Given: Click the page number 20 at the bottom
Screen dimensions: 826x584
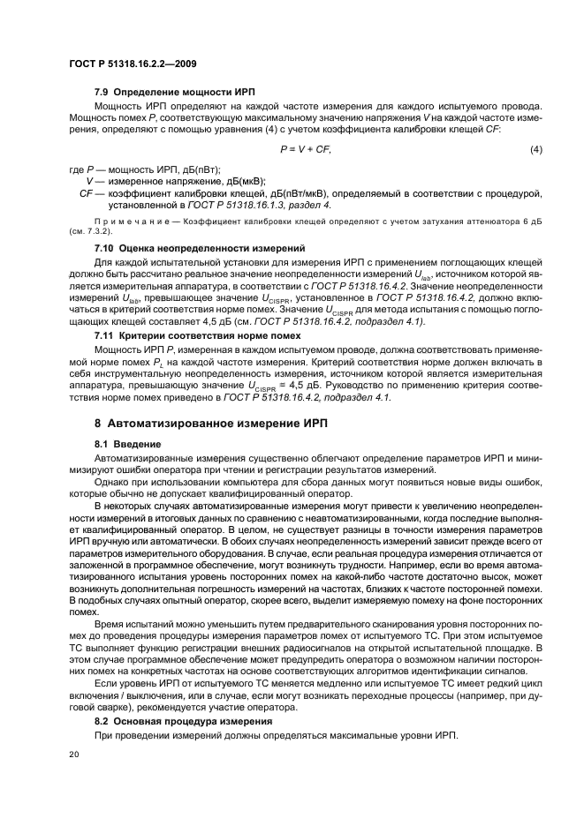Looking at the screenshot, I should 73,755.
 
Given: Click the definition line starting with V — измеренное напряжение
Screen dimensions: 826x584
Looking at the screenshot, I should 163,180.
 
